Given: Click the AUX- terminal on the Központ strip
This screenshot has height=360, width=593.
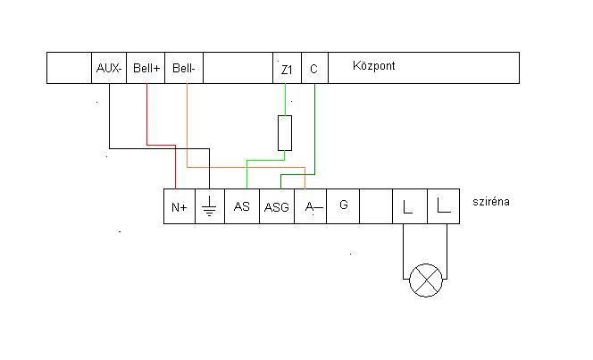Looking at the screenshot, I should point(109,68).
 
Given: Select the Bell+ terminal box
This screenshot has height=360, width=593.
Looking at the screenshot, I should point(146,68).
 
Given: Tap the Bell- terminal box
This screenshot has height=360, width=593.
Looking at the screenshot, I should point(184,68).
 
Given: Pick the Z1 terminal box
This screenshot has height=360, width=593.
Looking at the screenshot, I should point(287,68).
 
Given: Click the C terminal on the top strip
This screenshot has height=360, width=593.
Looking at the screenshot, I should point(314,68).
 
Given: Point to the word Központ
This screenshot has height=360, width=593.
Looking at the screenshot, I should point(374,66).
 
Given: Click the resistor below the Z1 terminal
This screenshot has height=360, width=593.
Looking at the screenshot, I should point(285,132).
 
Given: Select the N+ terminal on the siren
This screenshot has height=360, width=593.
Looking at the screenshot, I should point(180,207).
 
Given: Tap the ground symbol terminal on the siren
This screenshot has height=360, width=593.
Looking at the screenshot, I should point(210,207).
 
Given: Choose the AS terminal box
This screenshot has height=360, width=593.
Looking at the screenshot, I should point(242,207).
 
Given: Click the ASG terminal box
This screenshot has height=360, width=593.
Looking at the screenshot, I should point(277,207).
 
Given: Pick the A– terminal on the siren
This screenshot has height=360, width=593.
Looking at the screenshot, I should point(310,207).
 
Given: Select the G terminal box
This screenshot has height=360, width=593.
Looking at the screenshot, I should point(343,206).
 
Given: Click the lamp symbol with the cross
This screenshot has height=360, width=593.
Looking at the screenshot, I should point(426,280).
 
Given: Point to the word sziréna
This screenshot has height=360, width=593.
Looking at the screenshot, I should point(491,203).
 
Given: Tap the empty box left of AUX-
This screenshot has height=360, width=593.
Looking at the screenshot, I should point(69,68).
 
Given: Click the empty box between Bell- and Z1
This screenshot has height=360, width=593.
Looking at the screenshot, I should point(238,68).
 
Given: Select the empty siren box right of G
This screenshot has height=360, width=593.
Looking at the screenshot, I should point(376,207).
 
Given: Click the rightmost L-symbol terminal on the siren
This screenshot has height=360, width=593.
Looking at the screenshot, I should point(444,207).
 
